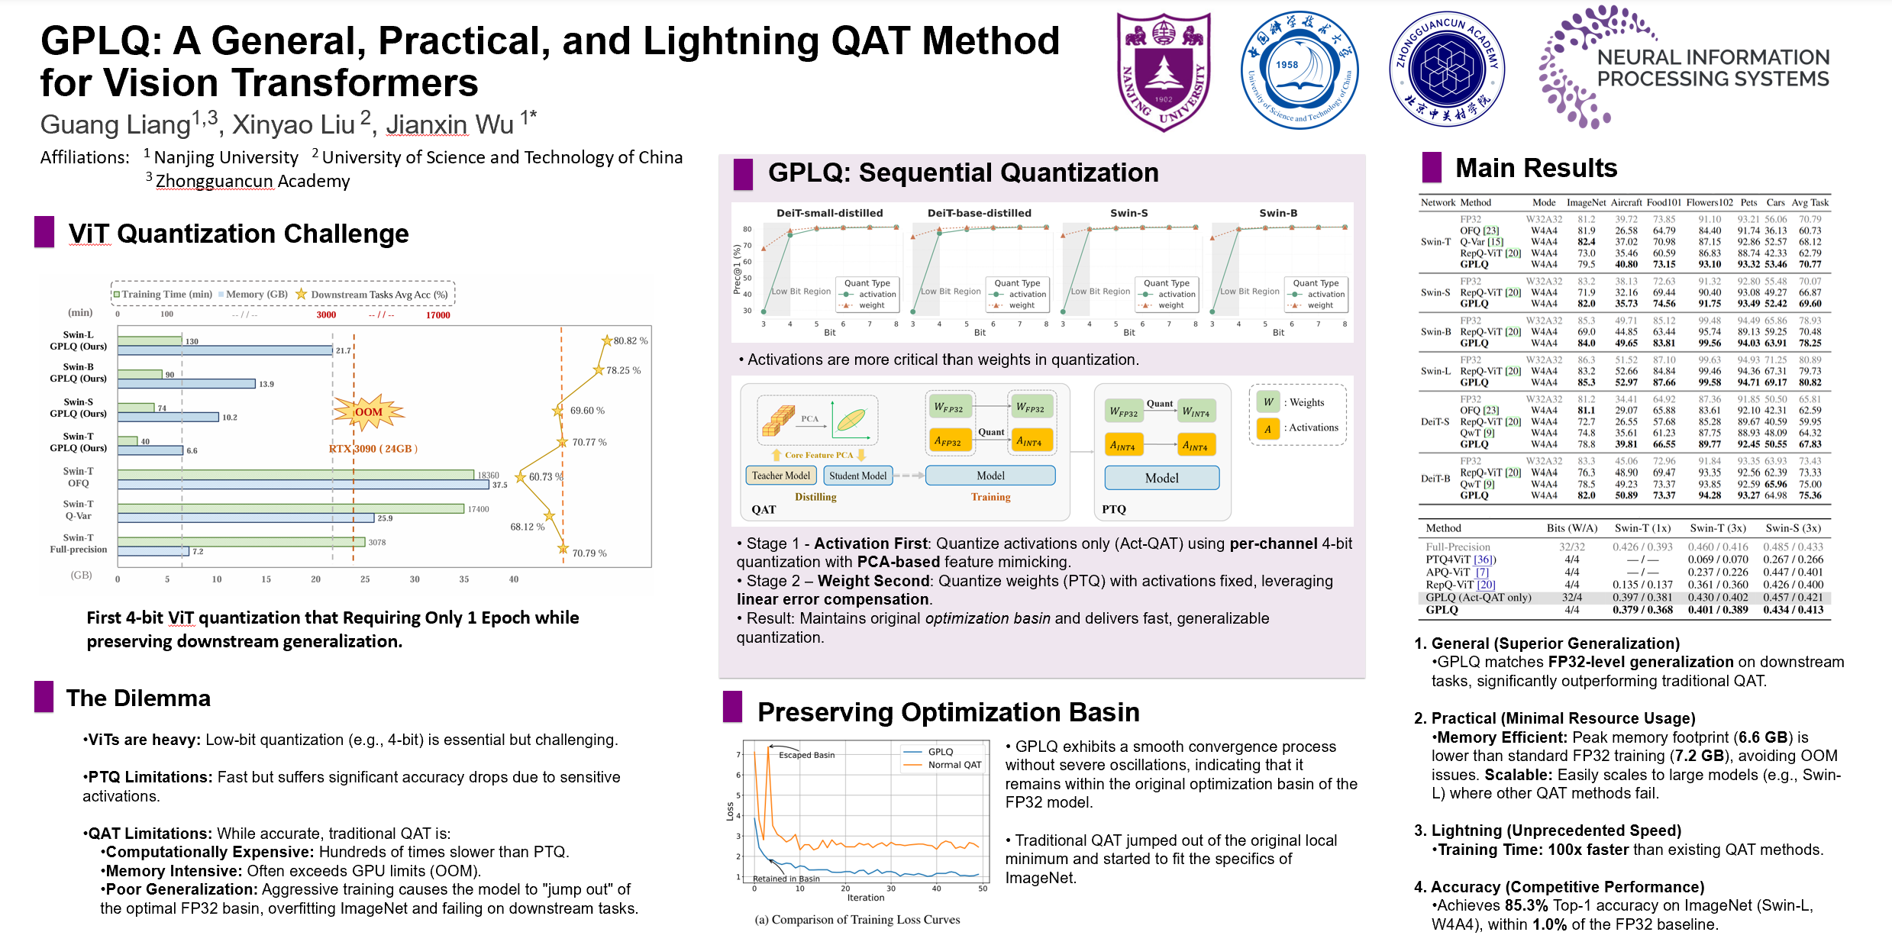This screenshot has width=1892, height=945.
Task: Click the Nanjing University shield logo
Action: [1163, 72]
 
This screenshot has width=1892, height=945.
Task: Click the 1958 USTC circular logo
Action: [1300, 70]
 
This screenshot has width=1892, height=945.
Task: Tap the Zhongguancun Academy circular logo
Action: [1446, 69]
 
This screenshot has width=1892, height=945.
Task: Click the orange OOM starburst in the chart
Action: [368, 412]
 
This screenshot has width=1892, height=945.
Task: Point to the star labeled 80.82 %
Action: [607, 340]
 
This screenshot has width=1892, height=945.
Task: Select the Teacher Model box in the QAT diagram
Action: [780, 476]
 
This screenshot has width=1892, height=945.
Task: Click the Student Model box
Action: [857, 476]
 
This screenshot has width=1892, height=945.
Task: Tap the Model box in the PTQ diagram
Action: [1161, 478]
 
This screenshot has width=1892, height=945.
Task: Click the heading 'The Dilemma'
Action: [138, 698]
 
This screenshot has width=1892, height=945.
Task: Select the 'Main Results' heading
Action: [1535, 168]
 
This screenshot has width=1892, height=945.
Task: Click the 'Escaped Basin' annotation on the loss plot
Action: [806, 755]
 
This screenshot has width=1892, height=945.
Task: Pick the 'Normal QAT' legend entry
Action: [954, 765]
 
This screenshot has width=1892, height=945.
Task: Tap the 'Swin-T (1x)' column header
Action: [1642, 528]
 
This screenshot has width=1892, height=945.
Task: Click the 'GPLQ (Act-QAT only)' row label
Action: [1478, 598]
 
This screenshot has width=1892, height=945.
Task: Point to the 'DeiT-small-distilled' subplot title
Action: [829, 213]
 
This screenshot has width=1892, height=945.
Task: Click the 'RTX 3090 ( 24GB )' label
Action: [373, 449]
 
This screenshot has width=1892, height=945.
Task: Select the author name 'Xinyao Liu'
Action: [294, 124]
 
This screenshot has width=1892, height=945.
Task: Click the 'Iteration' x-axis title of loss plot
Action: [865, 898]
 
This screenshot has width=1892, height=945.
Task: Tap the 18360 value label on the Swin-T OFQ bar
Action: [488, 475]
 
